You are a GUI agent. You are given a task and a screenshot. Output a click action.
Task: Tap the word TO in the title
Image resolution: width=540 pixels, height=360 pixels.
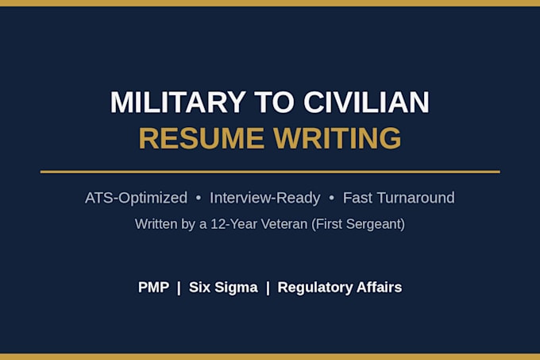(x=275, y=103)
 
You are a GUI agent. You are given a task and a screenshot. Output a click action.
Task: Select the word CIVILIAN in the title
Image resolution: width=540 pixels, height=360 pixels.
(x=366, y=103)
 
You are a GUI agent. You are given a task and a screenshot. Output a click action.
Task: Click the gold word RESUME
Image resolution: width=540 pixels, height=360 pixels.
(x=202, y=138)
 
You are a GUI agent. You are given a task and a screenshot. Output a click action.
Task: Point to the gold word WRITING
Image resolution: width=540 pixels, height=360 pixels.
(x=337, y=138)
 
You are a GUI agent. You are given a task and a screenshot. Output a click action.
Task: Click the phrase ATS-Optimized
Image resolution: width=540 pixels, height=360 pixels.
(x=136, y=198)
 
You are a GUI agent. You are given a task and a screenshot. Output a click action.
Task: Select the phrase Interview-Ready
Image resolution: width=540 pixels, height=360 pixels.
(x=264, y=198)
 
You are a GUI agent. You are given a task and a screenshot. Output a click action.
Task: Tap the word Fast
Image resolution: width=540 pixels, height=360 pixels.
(x=357, y=198)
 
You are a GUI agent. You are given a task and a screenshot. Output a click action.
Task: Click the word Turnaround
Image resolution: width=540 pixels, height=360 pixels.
(x=416, y=198)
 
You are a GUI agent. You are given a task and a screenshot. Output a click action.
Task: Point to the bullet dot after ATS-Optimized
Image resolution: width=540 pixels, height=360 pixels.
(x=199, y=198)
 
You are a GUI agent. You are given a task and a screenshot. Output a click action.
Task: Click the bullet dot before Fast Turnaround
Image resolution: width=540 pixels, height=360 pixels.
(x=332, y=198)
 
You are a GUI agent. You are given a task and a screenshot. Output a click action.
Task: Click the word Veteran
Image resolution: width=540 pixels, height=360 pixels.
(x=284, y=224)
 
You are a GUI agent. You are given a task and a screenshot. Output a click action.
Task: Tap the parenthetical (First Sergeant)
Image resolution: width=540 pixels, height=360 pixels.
(x=358, y=224)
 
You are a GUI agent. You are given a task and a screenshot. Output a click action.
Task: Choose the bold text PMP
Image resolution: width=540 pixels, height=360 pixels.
(x=153, y=288)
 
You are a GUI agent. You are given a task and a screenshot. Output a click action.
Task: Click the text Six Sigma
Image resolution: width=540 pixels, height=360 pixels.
(x=223, y=288)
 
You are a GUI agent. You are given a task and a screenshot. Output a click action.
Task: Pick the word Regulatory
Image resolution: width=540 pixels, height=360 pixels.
(x=315, y=288)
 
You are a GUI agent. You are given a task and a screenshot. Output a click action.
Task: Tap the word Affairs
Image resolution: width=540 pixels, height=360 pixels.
(x=379, y=288)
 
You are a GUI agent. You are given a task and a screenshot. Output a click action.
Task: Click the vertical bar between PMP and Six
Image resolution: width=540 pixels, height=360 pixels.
(x=179, y=288)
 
